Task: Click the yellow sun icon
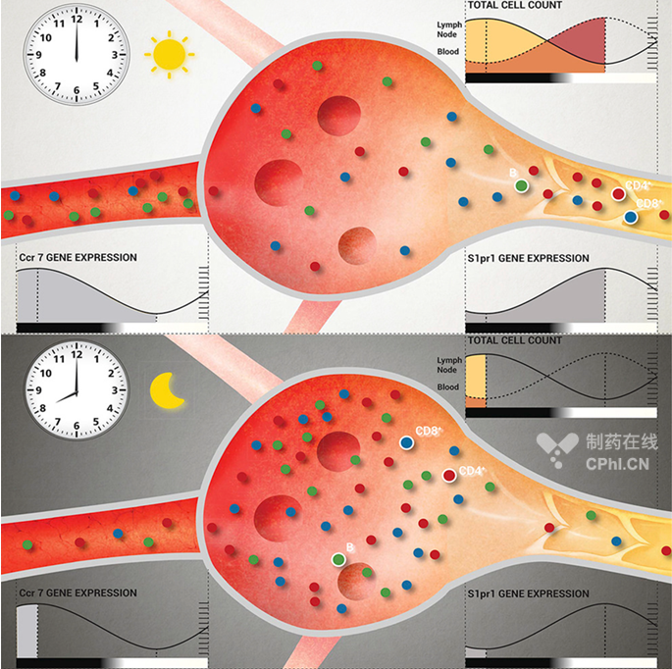click(170, 54)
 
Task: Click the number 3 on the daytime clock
click(115, 55)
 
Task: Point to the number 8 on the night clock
click(42, 408)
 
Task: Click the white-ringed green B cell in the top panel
click(521, 186)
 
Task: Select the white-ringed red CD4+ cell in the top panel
click(618, 194)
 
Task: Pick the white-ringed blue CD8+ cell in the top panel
click(630, 218)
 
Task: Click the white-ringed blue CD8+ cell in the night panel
click(407, 442)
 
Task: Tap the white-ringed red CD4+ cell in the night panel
click(449, 476)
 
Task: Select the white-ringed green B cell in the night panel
click(338, 559)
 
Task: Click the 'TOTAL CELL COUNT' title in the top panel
click(514, 5)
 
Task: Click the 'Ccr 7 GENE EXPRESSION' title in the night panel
click(78, 593)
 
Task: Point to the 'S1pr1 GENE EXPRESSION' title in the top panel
click(528, 258)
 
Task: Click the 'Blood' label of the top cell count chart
click(448, 51)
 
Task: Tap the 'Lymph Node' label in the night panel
click(449, 365)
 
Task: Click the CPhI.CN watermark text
click(617, 464)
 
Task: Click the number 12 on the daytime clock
click(77, 20)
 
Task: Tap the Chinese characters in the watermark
click(621, 441)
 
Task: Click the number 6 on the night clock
click(77, 426)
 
